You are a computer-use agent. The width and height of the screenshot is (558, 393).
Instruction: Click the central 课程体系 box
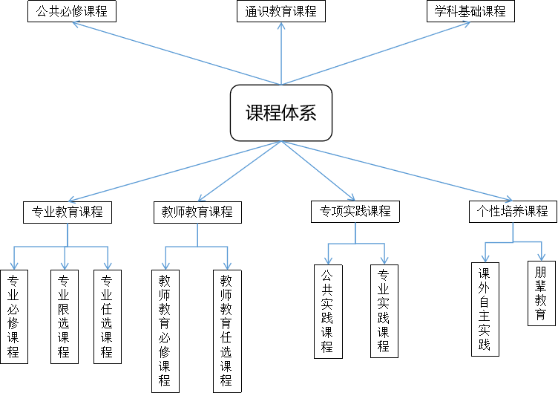tap(281, 112)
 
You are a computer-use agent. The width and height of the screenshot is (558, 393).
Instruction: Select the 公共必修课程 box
tap(72, 12)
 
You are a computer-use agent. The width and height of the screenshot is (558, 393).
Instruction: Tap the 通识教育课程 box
tap(281, 12)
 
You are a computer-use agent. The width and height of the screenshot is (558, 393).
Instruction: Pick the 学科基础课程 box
tap(470, 12)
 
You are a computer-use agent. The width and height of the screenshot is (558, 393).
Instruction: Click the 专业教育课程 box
tap(68, 212)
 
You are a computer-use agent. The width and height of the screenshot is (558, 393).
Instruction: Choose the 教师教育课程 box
tap(197, 212)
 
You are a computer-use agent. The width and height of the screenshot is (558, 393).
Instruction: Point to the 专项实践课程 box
tap(355, 211)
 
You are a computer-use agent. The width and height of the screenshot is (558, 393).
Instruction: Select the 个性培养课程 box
tap(513, 211)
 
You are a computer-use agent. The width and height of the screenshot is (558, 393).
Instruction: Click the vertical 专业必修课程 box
tap(13, 316)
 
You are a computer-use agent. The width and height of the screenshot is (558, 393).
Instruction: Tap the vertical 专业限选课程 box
tap(64, 316)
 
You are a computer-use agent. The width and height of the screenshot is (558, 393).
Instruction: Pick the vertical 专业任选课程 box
tap(107, 316)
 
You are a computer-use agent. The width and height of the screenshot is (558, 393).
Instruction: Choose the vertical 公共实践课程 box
tap(327, 311)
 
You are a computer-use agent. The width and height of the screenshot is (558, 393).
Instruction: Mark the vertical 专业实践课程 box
tap(384, 311)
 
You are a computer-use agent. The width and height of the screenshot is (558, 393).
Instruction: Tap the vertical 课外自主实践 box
tap(485, 308)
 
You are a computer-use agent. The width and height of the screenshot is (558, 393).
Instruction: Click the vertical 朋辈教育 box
tap(541, 293)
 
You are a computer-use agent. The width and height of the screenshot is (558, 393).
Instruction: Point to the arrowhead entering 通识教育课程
tap(281, 27)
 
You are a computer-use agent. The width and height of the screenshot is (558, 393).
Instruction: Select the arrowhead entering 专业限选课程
tap(65, 264)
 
